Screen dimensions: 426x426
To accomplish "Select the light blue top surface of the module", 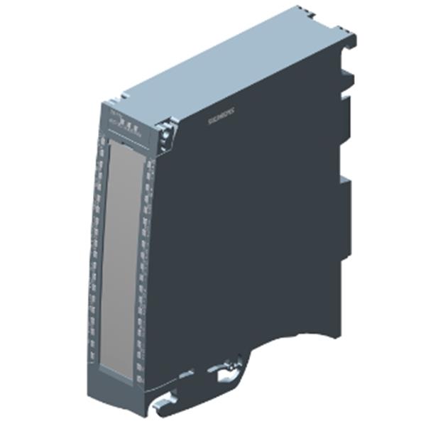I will [x=234, y=64].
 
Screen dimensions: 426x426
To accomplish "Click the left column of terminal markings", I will [x=97, y=248].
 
